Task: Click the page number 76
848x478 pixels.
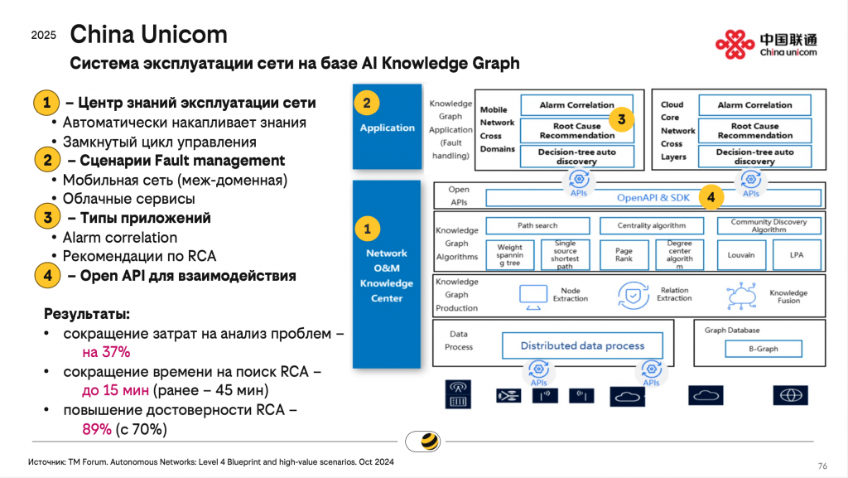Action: [x=822, y=465]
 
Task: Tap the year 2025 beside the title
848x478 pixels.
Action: [x=44, y=35]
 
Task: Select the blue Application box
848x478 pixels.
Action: [x=387, y=128]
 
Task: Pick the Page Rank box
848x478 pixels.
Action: [x=624, y=254]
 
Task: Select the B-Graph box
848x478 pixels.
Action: [x=763, y=349]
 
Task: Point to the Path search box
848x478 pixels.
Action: [x=537, y=225]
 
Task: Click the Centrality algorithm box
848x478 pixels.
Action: [x=652, y=225]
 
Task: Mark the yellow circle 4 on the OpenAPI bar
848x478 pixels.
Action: [x=711, y=197]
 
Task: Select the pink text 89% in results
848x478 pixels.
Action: [x=96, y=429]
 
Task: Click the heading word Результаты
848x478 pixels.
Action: [x=86, y=315]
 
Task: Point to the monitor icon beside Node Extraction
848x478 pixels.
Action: [x=534, y=294]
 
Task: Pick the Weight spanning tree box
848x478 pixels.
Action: [x=510, y=254]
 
